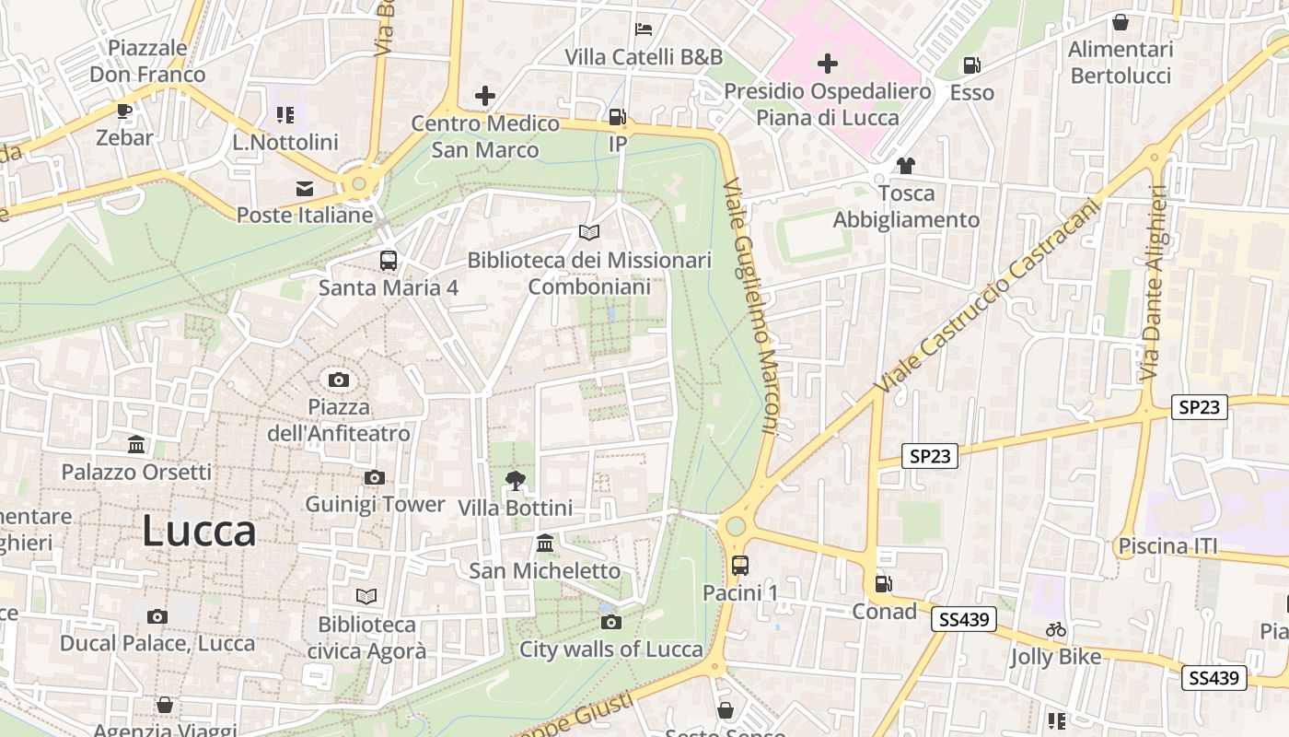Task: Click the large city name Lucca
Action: pyautogui.click(x=199, y=532)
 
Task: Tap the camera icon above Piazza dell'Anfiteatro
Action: pyautogui.click(x=339, y=380)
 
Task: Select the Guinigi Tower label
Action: pyautogui.click(x=375, y=504)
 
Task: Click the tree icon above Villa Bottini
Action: pyautogui.click(x=516, y=479)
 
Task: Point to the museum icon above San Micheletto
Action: pyautogui.click(x=545, y=544)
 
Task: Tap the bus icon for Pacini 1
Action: pyautogui.click(x=740, y=565)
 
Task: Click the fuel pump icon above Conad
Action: pyautogui.click(x=883, y=583)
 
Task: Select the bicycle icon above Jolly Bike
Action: pyautogui.click(x=1056, y=629)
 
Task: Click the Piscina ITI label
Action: pyautogui.click(x=1167, y=546)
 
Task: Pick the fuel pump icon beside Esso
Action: pyautogui.click(x=971, y=65)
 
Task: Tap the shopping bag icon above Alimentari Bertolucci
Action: pyautogui.click(x=1121, y=22)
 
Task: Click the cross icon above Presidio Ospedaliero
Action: pyautogui.click(x=828, y=64)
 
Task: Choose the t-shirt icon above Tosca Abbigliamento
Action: pyautogui.click(x=906, y=166)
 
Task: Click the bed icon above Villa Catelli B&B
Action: pyautogui.click(x=644, y=29)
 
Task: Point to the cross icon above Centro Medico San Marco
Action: pyautogui.click(x=485, y=95)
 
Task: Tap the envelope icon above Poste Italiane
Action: pyautogui.click(x=304, y=188)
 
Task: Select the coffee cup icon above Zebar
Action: pyautogui.click(x=124, y=111)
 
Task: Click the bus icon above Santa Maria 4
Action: pyautogui.click(x=389, y=260)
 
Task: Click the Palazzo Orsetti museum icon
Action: pyautogui.click(x=136, y=445)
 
